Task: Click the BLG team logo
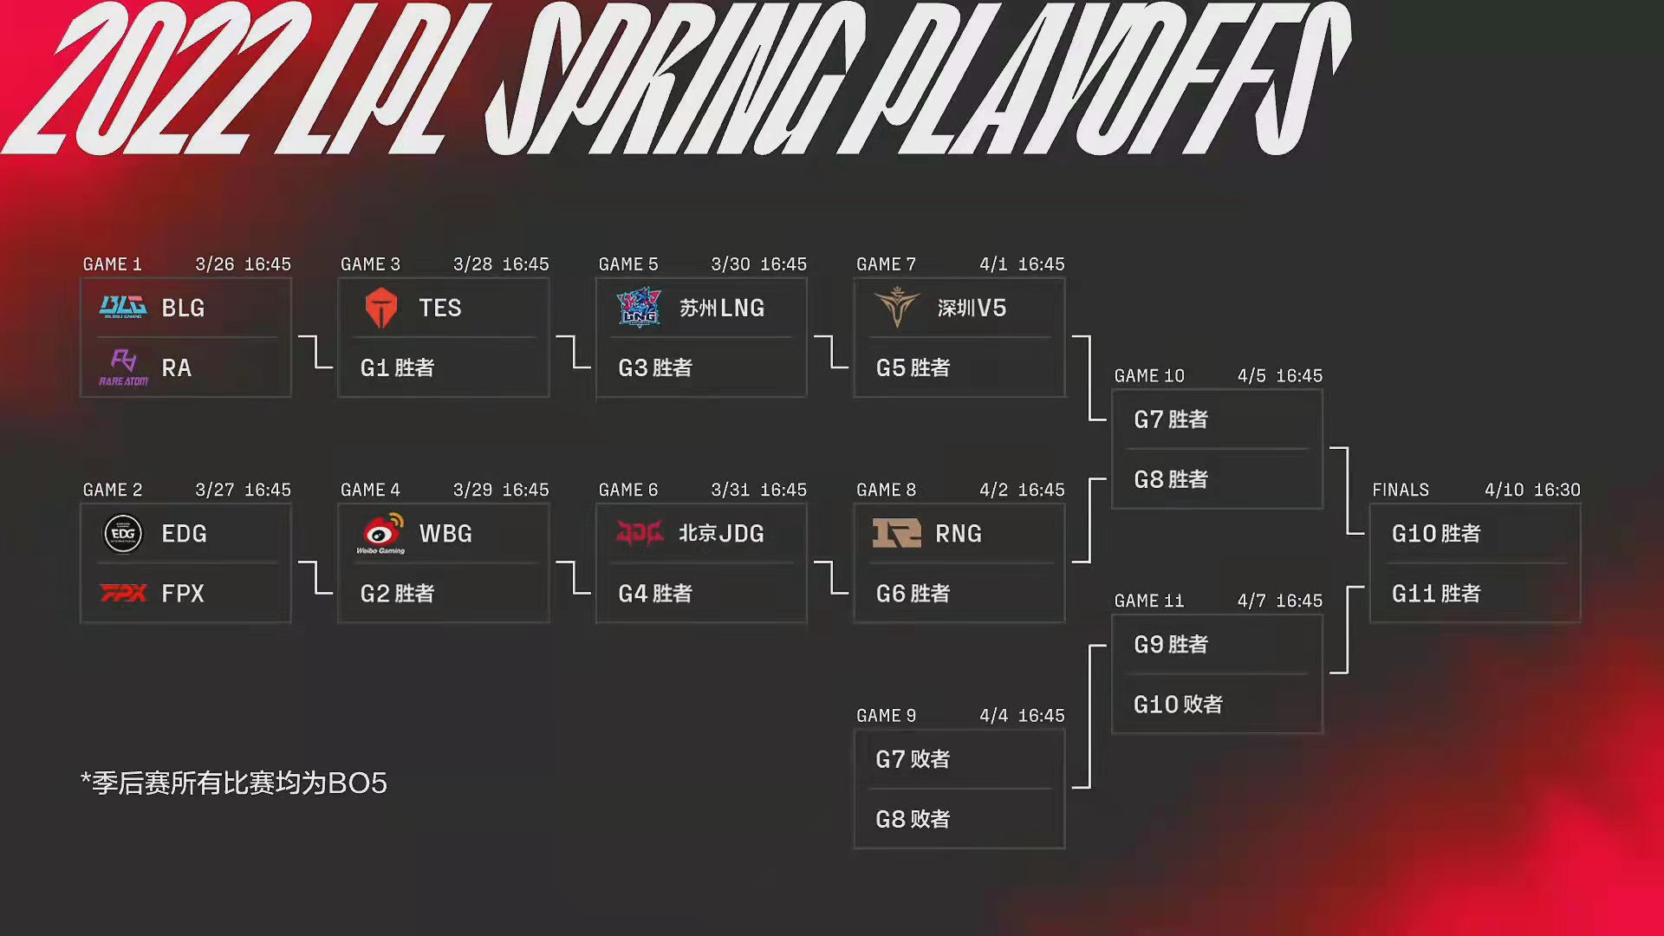[123, 308]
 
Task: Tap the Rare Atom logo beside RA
[123, 367]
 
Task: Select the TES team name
[440, 308]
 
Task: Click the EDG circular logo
[123, 533]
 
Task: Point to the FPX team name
[183, 594]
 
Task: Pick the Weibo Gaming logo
[380, 533]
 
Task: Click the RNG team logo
[896, 533]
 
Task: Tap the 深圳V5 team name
[972, 308]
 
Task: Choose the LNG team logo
[639, 308]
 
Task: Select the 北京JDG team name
[721, 533]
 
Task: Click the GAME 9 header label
[886, 716]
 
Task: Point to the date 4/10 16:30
[1532, 490]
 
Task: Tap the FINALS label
[1401, 490]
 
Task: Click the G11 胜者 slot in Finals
[1436, 594]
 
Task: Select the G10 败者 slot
[1178, 705]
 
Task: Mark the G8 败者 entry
[913, 819]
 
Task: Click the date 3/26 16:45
[243, 264]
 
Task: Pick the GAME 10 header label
[1149, 376]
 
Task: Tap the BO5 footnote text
[234, 783]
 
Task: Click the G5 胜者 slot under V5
[913, 367]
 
